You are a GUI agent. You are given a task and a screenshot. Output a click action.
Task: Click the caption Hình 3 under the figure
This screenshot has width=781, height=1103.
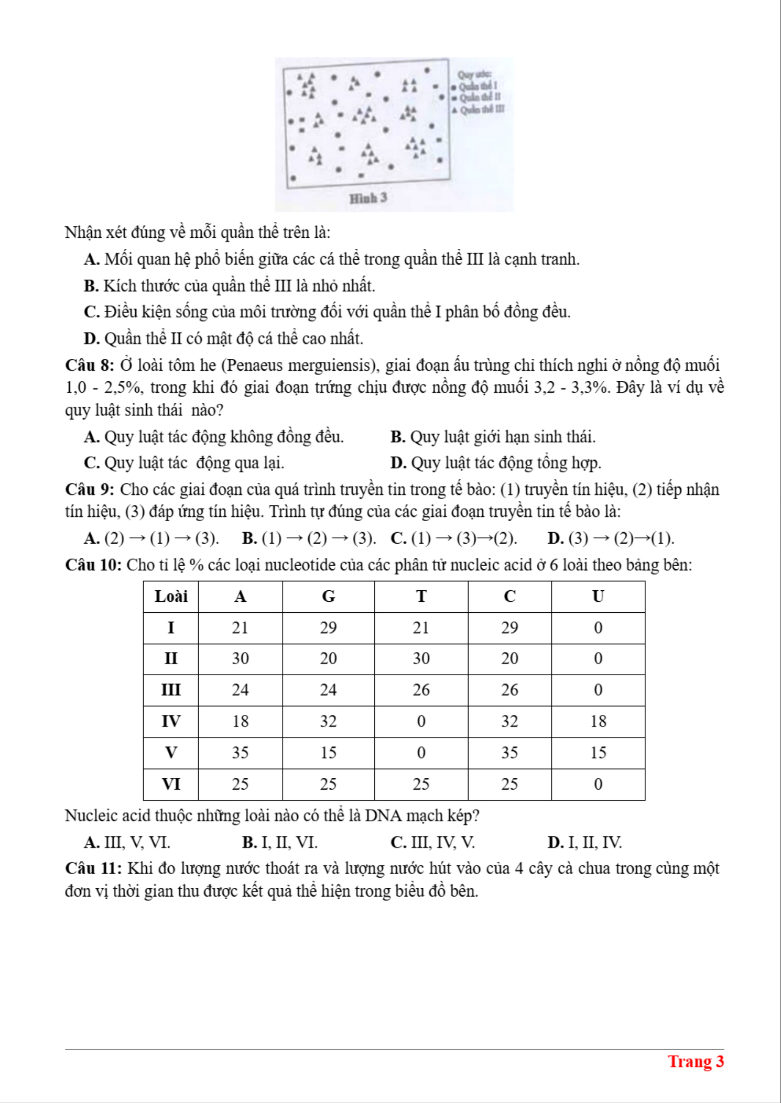(368, 198)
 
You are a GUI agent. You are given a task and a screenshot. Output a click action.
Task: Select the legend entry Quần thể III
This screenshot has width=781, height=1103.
(481, 109)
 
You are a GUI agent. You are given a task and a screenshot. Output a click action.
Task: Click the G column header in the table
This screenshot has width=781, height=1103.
(328, 597)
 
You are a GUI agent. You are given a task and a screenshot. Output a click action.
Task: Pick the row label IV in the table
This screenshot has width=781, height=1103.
(171, 722)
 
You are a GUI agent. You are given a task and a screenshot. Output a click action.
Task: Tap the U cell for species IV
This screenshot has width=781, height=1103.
(598, 722)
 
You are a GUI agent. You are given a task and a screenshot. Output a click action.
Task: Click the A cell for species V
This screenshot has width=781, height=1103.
(240, 753)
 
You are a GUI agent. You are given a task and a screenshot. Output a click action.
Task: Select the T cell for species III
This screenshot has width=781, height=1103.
(421, 690)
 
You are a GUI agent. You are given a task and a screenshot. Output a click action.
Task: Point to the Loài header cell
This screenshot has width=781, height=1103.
(171, 597)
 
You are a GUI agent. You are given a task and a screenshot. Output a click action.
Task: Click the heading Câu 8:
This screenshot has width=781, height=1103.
(90, 365)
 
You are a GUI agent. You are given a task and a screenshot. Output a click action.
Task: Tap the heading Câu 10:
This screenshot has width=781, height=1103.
(93, 565)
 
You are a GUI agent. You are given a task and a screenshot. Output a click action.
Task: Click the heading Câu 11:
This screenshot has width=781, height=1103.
(93, 868)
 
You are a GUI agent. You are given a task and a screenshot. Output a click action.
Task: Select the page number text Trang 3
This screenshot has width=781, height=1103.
(696, 1062)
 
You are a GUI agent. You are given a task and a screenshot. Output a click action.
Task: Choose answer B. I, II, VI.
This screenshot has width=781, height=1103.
(280, 842)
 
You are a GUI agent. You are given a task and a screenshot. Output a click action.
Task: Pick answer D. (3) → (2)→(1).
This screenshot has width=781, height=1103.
(611, 538)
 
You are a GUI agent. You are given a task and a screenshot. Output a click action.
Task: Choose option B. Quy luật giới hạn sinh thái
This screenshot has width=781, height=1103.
(493, 437)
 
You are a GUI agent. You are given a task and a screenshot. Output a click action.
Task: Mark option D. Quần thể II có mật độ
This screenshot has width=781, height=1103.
(224, 339)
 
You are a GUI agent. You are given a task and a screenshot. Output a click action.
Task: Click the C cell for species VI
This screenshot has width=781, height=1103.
(509, 785)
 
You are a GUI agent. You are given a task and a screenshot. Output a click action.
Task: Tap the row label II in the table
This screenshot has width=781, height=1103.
(171, 659)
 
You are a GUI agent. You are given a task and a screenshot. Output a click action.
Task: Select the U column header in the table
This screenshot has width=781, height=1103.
(598, 597)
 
